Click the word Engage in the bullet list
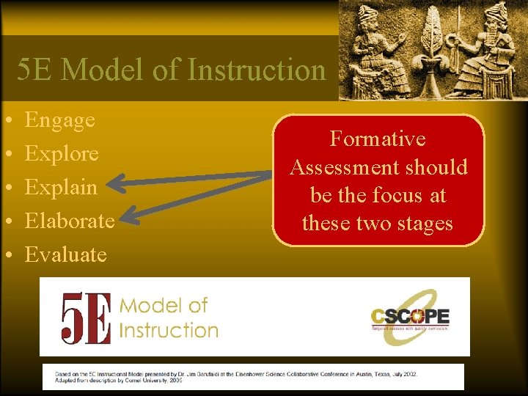tap(60, 120)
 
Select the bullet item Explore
tap(62, 154)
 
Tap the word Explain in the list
tap(62, 188)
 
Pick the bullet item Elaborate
tap(70, 221)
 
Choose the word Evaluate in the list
tap(66, 254)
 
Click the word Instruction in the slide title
tap(257, 70)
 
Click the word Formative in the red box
tap(378, 139)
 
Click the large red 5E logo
tap(86, 318)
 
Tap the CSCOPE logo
tap(410, 318)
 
